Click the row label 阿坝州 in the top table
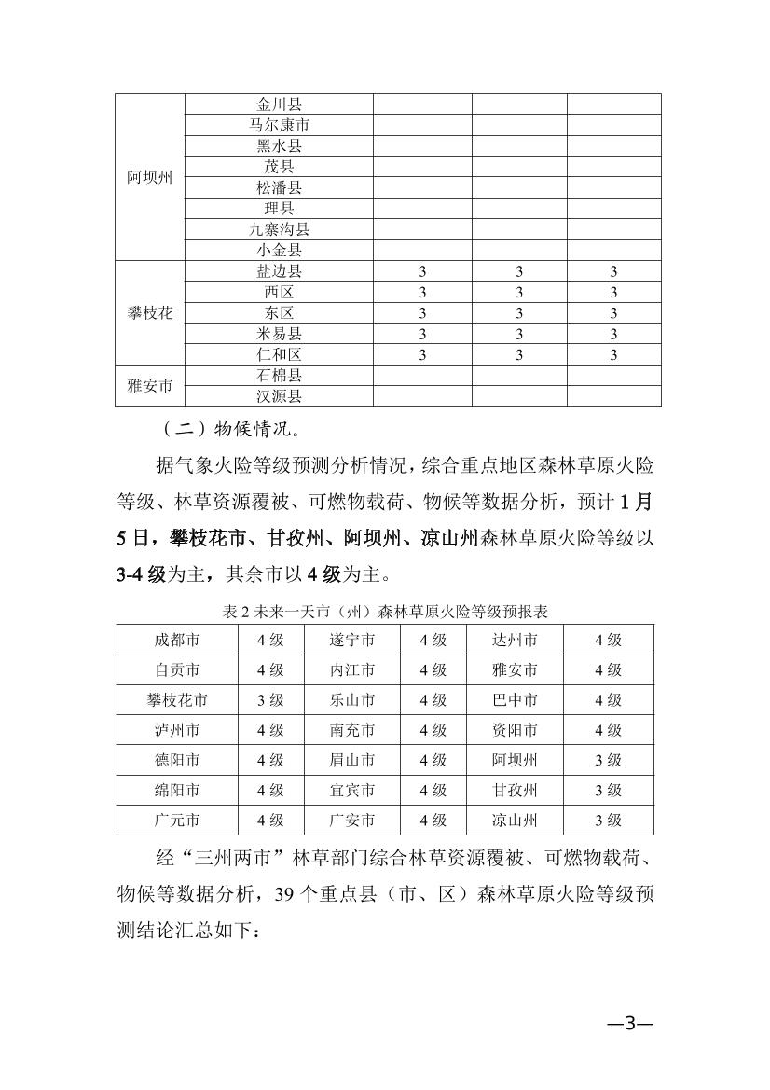click(150, 177)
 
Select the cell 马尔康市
click(279, 125)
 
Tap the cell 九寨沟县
click(279, 229)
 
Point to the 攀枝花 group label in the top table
click(150, 312)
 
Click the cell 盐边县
click(279, 271)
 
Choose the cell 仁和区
click(279, 354)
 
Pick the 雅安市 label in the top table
click(150, 386)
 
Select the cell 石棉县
click(279, 376)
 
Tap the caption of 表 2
click(385, 612)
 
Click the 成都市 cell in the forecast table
click(177, 640)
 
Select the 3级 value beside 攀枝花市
click(270, 700)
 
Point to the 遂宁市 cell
click(352, 640)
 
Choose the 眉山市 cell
click(352, 760)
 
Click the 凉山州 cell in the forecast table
click(515, 821)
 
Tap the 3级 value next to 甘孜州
click(608, 791)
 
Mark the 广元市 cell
click(177, 821)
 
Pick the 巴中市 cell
click(515, 700)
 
